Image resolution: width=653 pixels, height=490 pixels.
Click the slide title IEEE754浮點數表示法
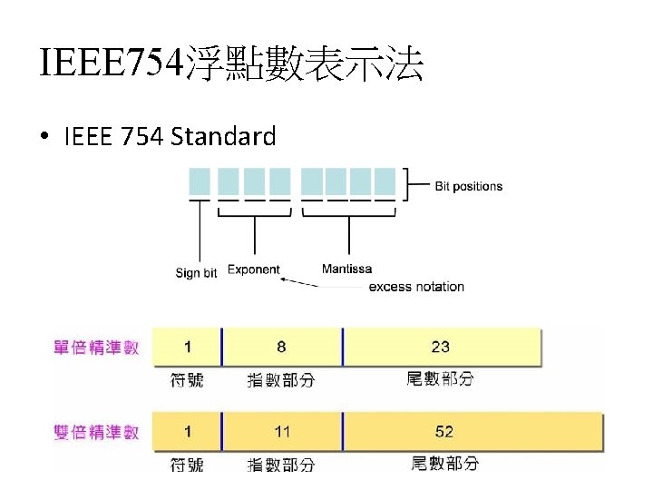click(231, 64)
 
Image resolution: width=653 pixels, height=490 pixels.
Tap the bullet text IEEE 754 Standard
click(170, 136)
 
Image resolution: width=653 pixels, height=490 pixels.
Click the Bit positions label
click(468, 186)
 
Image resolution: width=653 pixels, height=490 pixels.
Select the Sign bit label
click(196, 273)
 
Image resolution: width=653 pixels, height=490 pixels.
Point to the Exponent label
click(253, 269)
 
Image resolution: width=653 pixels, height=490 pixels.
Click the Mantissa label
click(346, 269)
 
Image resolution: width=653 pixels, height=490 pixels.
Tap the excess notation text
click(416, 287)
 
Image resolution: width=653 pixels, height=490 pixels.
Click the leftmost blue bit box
click(200, 180)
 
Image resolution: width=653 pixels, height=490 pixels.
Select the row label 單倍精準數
click(97, 348)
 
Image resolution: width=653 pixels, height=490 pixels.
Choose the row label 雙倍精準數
click(97, 432)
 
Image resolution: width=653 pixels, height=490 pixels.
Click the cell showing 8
click(281, 347)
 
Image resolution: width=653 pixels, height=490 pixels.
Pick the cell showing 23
click(441, 347)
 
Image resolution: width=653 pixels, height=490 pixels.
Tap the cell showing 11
click(282, 431)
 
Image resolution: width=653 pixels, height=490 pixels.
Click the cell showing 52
click(443, 431)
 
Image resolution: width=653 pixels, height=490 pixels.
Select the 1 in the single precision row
click(187, 347)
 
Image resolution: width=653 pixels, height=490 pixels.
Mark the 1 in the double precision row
click(187, 431)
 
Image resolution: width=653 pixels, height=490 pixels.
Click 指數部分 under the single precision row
click(281, 380)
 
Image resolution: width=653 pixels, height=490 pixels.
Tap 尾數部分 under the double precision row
click(444, 464)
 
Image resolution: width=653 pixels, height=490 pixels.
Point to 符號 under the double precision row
click(187, 465)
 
